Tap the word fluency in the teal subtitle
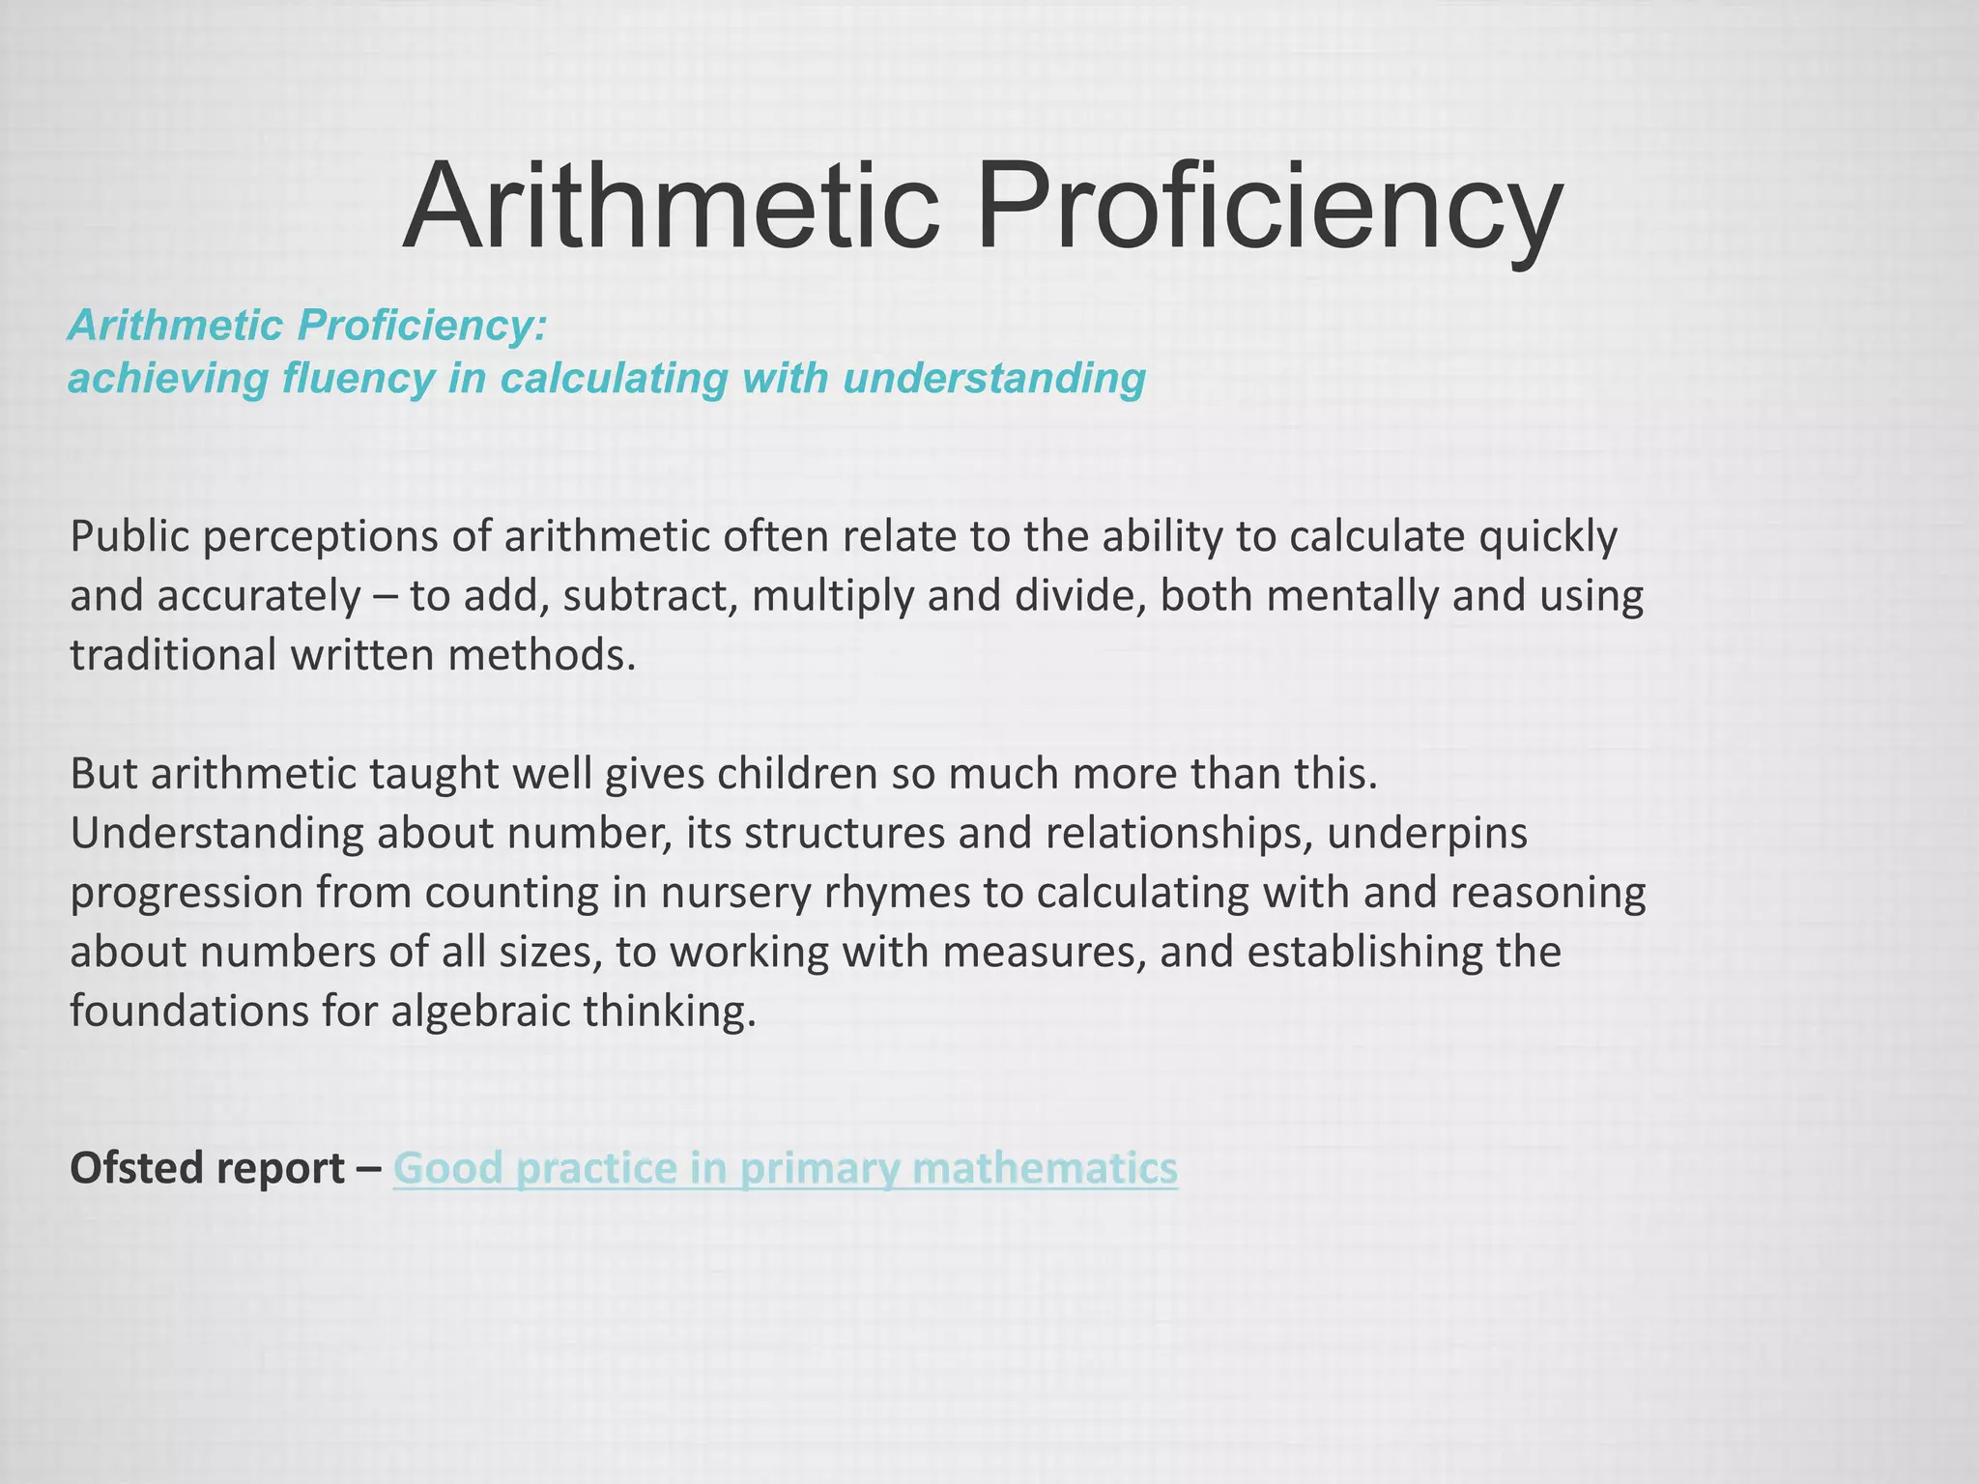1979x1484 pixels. click(358, 378)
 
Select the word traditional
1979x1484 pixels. click(173, 655)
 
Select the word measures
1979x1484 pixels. click(1043, 953)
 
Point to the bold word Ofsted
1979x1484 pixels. click(136, 1168)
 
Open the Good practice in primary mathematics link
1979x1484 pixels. click(785, 1168)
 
